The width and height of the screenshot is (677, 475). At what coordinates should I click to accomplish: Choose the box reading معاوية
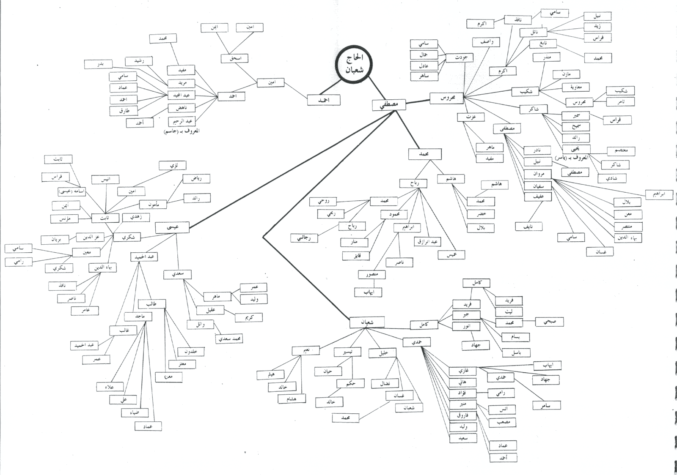click(575, 87)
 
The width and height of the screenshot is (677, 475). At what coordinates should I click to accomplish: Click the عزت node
click(470, 117)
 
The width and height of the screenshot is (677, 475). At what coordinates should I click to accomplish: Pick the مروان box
click(537, 174)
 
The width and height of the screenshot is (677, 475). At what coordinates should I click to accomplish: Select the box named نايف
click(528, 227)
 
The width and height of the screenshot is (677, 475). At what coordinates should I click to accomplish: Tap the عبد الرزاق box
click(427, 241)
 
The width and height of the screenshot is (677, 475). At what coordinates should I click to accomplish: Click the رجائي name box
click(304, 238)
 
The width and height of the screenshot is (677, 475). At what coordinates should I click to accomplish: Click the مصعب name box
click(502, 422)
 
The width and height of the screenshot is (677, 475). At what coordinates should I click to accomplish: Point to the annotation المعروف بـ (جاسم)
click(181, 131)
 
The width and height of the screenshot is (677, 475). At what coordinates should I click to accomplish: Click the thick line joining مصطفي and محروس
click(418, 101)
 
